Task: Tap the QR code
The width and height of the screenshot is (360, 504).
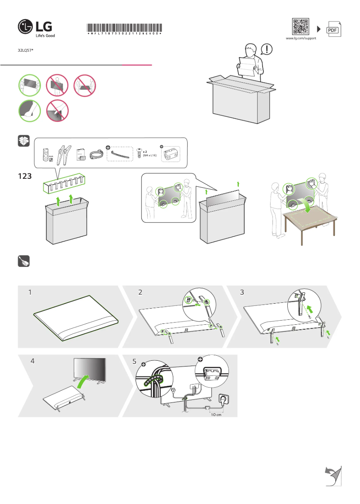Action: coord(300,27)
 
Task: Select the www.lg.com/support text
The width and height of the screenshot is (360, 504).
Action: coord(301,39)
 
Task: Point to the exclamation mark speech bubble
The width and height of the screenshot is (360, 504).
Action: coord(267,48)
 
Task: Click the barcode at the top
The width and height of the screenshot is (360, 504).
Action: coord(124,28)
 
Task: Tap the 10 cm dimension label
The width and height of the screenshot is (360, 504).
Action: coord(216,415)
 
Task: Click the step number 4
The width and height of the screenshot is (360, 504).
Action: coord(33,361)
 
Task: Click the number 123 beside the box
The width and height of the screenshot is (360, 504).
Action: coord(25,177)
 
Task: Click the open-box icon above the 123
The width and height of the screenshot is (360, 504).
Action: coord(23,141)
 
